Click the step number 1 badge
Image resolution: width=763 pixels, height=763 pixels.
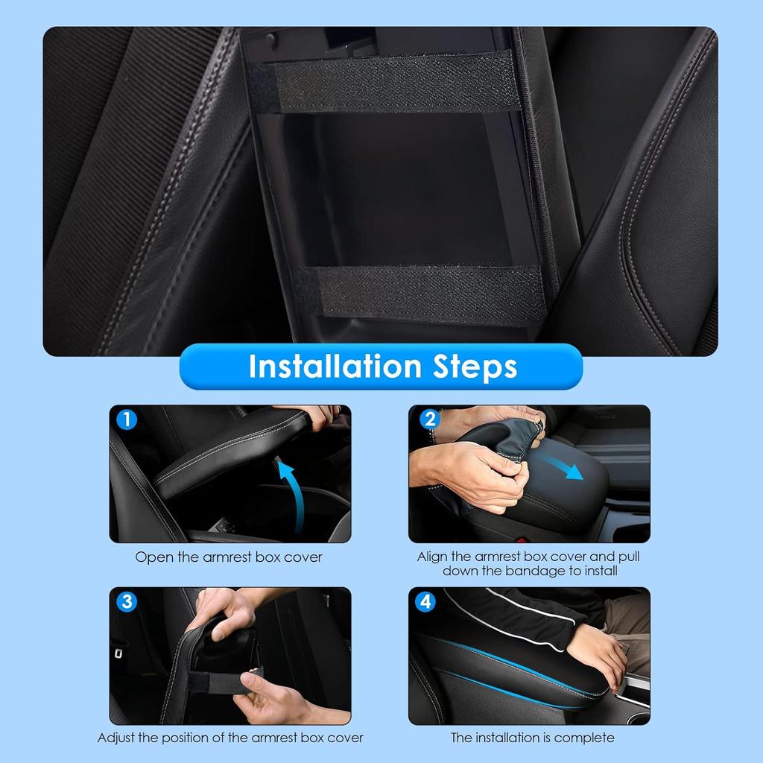pos(127,420)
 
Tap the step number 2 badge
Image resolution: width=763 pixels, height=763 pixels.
pos(428,420)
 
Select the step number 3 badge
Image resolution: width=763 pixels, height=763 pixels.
pos(127,601)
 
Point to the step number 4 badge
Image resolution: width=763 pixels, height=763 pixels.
pos(425,601)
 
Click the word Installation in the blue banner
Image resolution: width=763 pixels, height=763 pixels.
pos(335,367)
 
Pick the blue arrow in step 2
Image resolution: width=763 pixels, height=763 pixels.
pos(563,466)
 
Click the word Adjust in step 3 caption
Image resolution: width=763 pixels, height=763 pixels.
pos(118,738)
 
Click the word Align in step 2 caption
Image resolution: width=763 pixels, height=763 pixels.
pos(432,557)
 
